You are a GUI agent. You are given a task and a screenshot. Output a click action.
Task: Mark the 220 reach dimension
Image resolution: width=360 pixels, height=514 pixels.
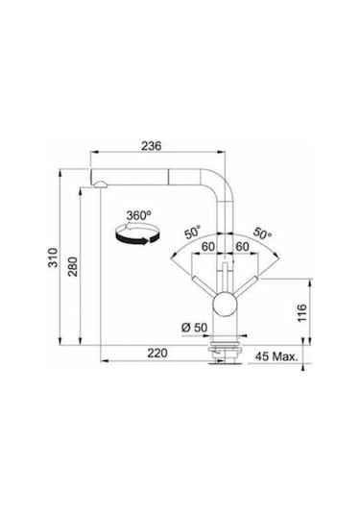[x=158, y=353]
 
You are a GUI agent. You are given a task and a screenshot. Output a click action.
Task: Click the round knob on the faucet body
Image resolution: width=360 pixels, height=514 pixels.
[x=225, y=306]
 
